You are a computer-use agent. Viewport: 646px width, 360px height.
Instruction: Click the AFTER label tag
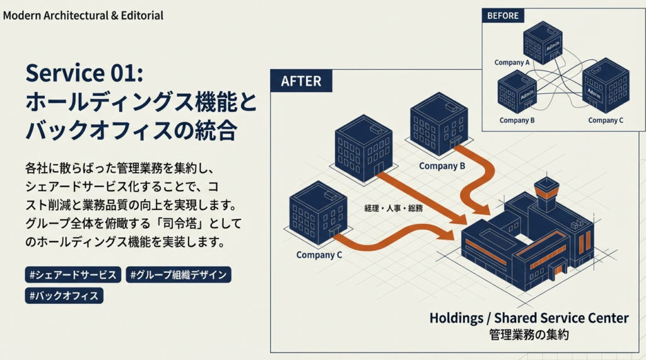(x=301, y=81)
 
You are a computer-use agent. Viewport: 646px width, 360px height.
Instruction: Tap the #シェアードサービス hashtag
(x=73, y=275)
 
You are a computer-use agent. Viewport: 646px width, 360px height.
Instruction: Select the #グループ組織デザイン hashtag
(x=179, y=275)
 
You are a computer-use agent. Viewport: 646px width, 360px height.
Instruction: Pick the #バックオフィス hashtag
(x=64, y=295)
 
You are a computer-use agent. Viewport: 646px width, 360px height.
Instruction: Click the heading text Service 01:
(x=85, y=73)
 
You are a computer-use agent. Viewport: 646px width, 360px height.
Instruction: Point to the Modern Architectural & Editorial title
(x=83, y=15)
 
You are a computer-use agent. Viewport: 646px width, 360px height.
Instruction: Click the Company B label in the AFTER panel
(x=442, y=166)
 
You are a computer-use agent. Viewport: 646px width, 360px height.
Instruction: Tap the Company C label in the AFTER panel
(x=319, y=255)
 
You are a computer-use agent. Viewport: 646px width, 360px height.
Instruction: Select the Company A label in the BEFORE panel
(x=512, y=62)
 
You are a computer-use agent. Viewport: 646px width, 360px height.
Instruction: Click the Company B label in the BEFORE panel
(x=517, y=120)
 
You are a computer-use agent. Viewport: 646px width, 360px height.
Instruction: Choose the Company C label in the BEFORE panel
(x=606, y=120)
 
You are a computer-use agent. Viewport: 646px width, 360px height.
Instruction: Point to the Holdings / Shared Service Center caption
(x=529, y=318)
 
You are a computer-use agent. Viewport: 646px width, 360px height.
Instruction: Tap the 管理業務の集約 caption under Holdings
(x=529, y=335)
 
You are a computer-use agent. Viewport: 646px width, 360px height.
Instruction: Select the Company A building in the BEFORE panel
(x=542, y=42)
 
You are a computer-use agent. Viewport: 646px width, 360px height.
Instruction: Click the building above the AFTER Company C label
(x=318, y=212)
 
